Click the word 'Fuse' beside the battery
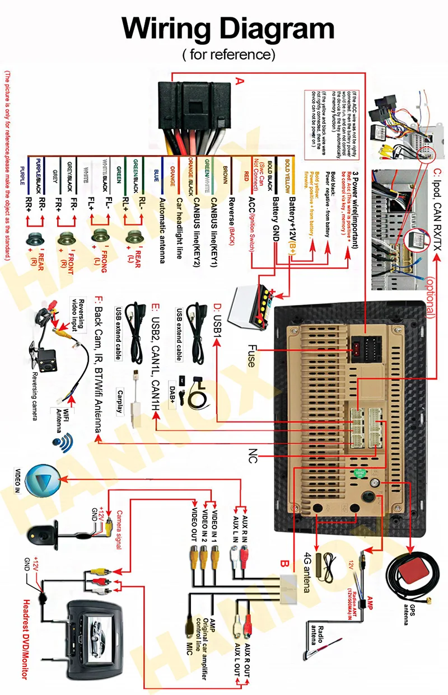(250, 356)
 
